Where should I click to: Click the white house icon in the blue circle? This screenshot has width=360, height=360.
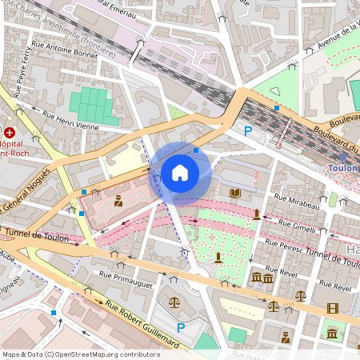[180, 172]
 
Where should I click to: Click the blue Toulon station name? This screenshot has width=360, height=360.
[343, 169]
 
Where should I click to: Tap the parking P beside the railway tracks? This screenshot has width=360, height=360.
[248, 130]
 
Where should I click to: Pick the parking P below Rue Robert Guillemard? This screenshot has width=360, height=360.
[181, 327]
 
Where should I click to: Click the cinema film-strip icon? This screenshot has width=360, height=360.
[332, 308]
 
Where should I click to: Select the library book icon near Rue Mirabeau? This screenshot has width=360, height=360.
[235, 193]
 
